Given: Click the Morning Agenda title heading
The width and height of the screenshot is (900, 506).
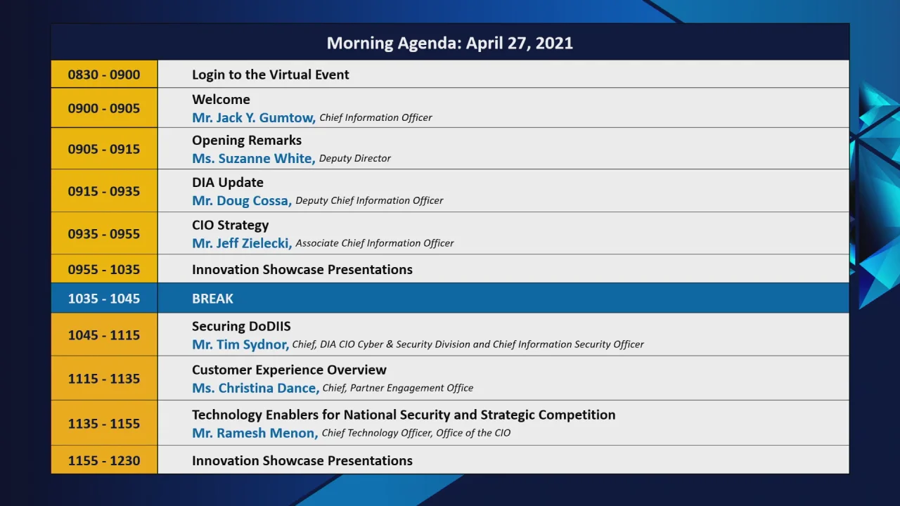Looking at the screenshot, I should [x=450, y=43].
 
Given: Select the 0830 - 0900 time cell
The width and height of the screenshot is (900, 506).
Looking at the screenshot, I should [x=104, y=74].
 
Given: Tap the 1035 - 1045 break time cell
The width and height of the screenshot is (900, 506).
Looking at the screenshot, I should [x=104, y=299].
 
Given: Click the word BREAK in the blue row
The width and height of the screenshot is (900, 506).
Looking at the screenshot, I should [x=212, y=299].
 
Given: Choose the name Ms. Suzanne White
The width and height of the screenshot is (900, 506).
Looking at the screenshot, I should [x=253, y=159].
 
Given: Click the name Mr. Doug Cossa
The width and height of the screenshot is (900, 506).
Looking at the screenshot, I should [x=241, y=201].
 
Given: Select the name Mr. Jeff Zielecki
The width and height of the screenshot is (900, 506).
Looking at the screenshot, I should [x=242, y=243].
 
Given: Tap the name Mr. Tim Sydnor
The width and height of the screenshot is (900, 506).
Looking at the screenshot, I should [x=240, y=344].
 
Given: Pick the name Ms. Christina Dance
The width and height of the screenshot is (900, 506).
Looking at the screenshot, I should [x=255, y=388].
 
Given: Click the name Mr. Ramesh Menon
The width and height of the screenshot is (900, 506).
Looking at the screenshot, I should [x=255, y=433].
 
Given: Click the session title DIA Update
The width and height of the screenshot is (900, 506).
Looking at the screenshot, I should [x=228, y=183].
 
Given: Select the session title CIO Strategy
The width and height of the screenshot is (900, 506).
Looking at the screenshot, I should [x=230, y=226].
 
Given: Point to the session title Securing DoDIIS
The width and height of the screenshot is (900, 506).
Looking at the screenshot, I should [x=241, y=326].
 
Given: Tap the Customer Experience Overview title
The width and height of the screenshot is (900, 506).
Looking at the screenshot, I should [x=289, y=370].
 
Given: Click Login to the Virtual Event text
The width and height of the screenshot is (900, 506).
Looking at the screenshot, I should [x=271, y=74].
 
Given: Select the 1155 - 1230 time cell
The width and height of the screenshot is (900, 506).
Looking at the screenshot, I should [x=104, y=461].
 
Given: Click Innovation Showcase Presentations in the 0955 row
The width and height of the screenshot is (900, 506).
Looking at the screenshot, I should [x=302, y=270].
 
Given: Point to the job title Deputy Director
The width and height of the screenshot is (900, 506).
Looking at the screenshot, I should [x=355, y=159].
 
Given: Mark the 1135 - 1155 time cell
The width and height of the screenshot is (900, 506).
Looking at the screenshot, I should [x=104, y=424].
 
